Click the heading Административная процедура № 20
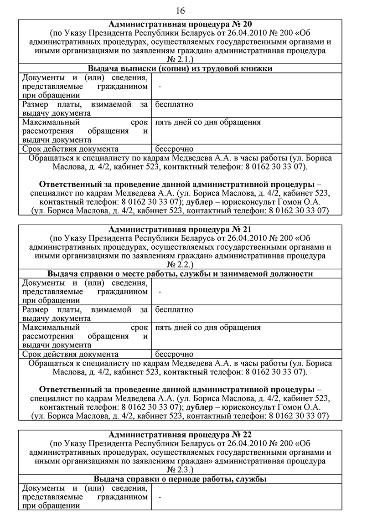pos(180,24)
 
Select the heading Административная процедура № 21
pos(180,229)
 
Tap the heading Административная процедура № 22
pos(180,434)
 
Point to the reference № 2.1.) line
pos(180,60)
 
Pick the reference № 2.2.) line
pos(180,265)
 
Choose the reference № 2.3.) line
pos(180,470)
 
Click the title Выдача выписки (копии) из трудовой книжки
pos(180,69)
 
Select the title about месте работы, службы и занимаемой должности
pos(180,274)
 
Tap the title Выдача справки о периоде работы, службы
pos(180,479)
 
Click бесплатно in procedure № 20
pos(174,104)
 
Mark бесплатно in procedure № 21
pos(174,309)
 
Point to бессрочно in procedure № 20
pos(174,149)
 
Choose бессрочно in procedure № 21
pos(174,354)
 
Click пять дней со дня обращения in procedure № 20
pos(208,122)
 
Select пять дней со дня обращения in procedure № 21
pos(208,327)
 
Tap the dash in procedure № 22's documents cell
pos(160,497)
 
